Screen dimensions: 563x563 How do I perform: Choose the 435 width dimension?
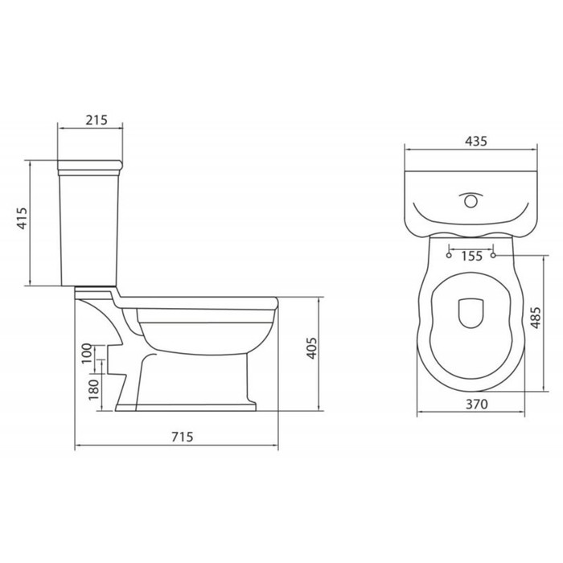coord(476,141)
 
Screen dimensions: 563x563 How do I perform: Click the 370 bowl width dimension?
coord(476,405)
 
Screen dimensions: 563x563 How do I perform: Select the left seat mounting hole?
coord(446,256)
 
